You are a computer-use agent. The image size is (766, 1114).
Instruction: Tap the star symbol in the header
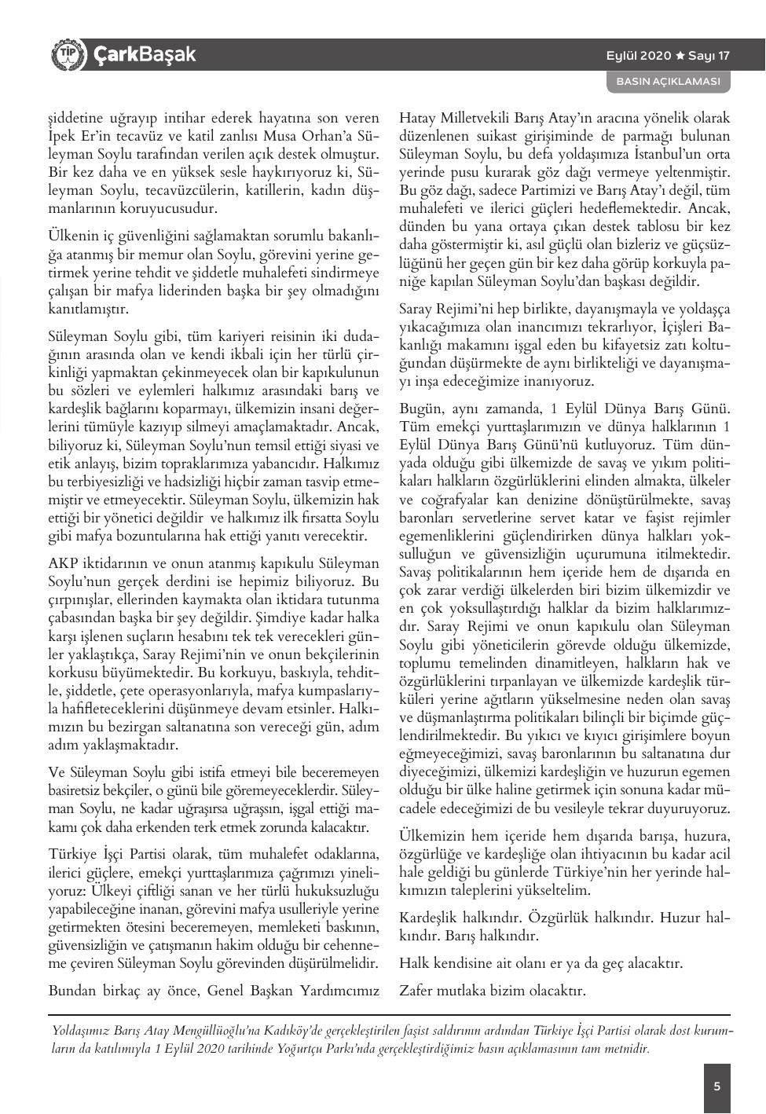pos(680,56)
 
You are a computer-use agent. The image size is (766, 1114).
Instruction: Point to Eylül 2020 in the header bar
pos(639,56)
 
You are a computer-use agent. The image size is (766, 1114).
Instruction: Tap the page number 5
pos(717,1087)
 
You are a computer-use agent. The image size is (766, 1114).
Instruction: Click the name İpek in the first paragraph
pos(62,137)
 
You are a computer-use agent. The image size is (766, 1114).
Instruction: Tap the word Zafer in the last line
pos(416,990)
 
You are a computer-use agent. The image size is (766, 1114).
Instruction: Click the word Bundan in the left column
pos(71,990)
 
